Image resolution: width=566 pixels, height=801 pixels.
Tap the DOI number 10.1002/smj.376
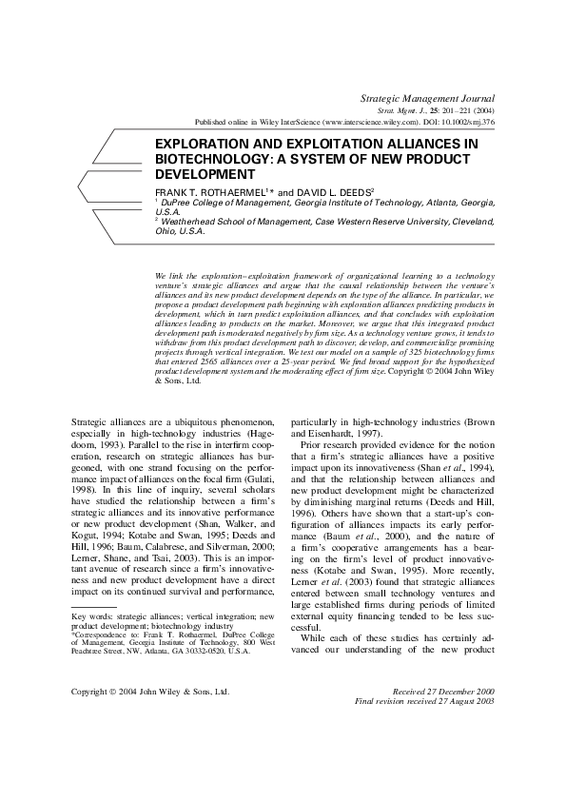click(x=464, y=123)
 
